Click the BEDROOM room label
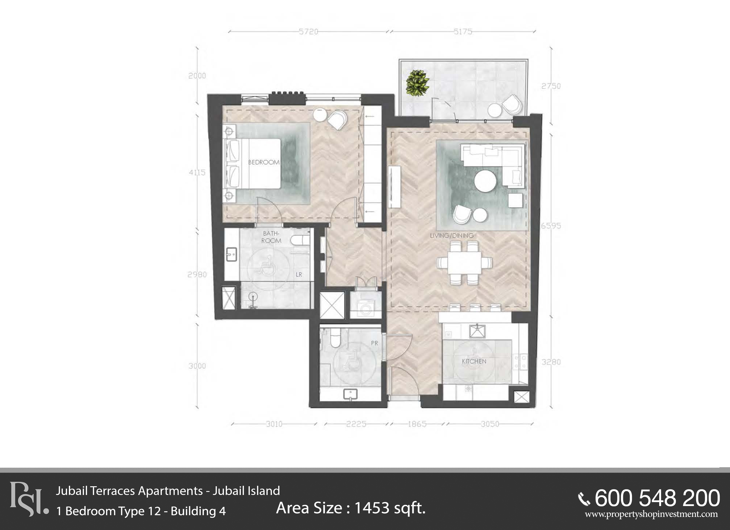point(264,162)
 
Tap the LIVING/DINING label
point(452,236)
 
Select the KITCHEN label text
point(474,361)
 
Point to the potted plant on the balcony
point(417,83)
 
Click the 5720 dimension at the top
point(308,32)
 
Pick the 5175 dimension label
point(463,32)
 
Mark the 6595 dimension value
point(551,226)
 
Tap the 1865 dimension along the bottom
point(417,424)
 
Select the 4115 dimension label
point(197,173)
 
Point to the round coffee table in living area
point(485,181)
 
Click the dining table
point(464,263)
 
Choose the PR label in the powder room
point(374,343)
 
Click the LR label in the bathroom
point(299,274)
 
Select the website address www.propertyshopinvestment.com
point(651,514)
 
